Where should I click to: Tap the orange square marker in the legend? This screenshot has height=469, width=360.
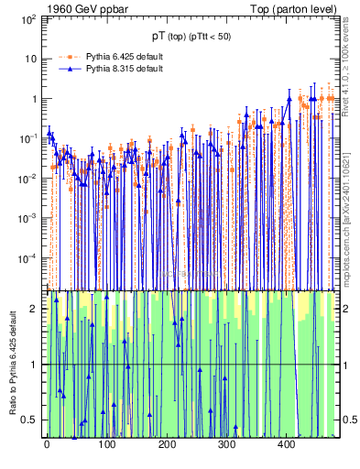point(68,57)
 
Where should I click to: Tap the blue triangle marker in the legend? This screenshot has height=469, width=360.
point(68,70)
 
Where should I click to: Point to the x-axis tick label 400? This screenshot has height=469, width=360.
point(285,444)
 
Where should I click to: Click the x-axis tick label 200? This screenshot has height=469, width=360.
point(166,444)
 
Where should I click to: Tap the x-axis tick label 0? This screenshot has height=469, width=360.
point(47,444)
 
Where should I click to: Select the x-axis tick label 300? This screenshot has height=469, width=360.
point(225,444)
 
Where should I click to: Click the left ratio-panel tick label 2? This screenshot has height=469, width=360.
point(35,309)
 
